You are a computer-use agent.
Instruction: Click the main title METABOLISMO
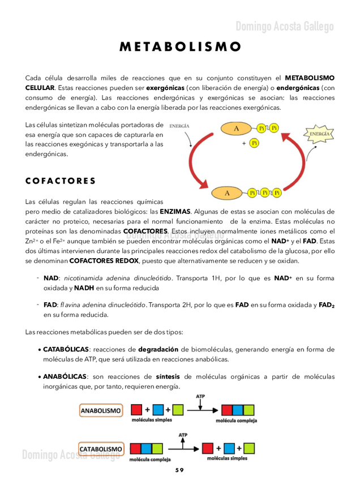click(x=180, y=46)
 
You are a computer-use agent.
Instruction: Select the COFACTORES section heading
click(x=61, y=181)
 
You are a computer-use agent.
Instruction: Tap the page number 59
click(x=179, y=470)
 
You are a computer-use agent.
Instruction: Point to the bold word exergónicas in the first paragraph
click(x=165, y=88)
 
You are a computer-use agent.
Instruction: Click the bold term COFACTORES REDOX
click(x=104, y=261)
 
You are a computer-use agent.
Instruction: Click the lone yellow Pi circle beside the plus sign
click(x=254, y=143)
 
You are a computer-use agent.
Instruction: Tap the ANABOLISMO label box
click(x=101, y=410)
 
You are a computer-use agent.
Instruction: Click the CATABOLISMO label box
click(x=101, y=449)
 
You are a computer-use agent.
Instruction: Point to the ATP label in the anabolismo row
click(x=200, y=396)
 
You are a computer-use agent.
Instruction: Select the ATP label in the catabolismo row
click(x=183, y=435)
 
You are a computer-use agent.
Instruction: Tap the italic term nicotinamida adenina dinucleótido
click(x=118, y=278)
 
